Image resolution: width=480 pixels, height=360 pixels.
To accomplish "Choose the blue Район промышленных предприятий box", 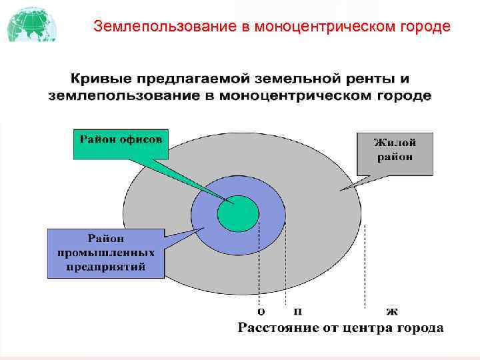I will pos(106,253).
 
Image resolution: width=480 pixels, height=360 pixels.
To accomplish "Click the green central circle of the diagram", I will pos(237,213).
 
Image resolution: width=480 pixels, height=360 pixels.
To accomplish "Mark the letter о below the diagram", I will pos(261,311).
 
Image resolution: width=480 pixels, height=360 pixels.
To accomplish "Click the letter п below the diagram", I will pos(297,311).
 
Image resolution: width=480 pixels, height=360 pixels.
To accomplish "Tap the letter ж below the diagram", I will pos(392,311).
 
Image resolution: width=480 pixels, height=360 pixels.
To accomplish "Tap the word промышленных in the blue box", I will pos(106,253).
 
